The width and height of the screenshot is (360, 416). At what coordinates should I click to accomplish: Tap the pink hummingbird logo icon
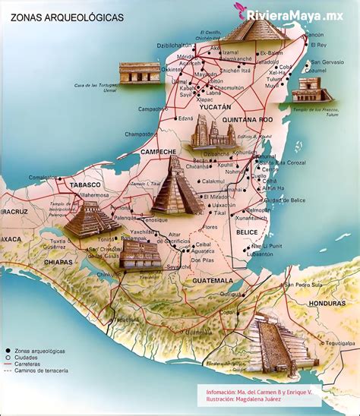(242, 11)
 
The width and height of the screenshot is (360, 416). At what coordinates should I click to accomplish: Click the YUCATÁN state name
(214, 108)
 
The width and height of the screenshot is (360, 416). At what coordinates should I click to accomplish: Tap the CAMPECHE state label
(157, 152)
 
